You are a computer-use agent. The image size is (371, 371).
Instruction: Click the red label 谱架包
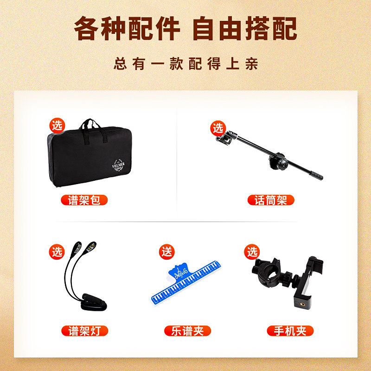[x=84, y=200]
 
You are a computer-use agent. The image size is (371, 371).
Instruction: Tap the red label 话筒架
[x=271, y=200]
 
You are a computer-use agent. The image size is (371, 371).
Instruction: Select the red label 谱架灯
[x=84, y=331]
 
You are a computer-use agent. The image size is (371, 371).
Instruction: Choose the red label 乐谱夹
[x=187, y=331]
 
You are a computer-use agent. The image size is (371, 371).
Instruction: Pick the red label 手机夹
[x=290, y=331]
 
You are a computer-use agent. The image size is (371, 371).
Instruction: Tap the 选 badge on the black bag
[x=57, y=125]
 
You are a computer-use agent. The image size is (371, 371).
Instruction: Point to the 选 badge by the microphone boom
[x=217, y=128]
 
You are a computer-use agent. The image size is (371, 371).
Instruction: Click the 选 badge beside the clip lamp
[x=57, y=252]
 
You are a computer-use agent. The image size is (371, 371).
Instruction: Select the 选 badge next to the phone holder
[x=252, y=252]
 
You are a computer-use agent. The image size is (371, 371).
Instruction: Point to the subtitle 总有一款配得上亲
[x=185, y=63]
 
